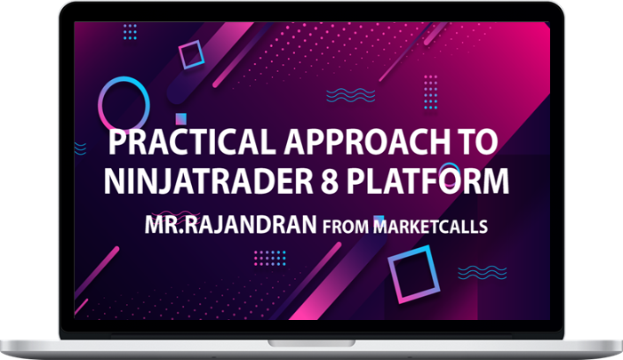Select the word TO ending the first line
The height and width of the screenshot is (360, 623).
[477, 142]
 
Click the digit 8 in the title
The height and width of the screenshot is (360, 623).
[330, 181]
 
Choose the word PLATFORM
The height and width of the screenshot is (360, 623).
[427, 181]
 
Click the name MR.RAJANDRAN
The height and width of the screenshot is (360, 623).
[230, 225]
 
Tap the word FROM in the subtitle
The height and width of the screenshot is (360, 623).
[346, 227]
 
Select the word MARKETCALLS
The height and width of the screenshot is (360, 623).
[430, 227]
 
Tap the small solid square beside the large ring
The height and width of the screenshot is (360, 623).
[180, 118]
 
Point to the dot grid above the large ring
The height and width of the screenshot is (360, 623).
[130, 32]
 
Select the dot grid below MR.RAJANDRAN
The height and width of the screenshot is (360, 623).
[270, 259]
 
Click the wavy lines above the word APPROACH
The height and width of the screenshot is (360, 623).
[350, 95]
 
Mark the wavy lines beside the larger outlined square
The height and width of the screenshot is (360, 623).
[483, 273]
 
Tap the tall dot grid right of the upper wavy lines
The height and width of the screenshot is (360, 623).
[431, 92]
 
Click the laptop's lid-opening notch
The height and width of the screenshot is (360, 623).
[311, 343]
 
